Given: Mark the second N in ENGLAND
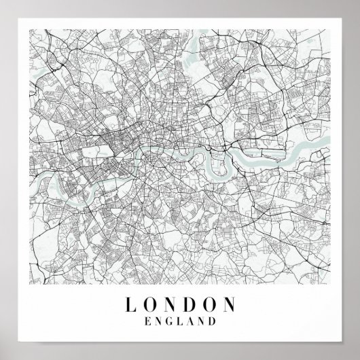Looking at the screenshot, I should point(200,318).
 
